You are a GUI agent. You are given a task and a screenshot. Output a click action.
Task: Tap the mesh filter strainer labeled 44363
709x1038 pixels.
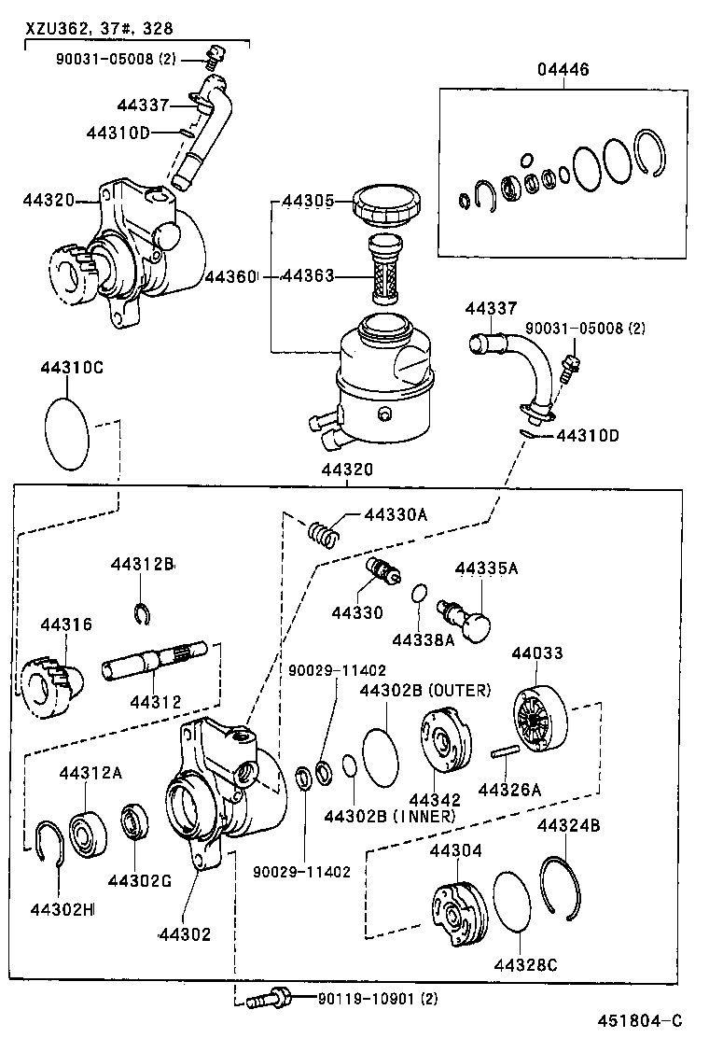(x=383, y=272)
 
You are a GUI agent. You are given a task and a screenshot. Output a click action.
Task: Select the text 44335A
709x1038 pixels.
(x=486, y=568)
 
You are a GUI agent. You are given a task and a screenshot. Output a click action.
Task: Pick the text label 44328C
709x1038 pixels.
(x=525, y=964)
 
